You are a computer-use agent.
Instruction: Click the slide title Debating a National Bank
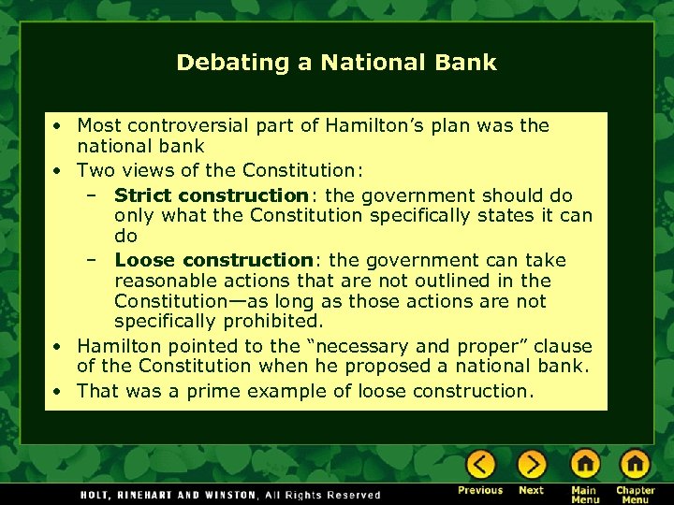(x=336, y=63)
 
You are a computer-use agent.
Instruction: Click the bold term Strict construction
(x=211, y=195)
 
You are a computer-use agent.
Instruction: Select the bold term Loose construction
(x=212, y=260)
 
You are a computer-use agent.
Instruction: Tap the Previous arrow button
(x=481, y=465)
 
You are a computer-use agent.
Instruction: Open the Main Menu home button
(x=585, y=465)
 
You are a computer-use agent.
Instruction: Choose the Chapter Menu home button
(x=635, y=465)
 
